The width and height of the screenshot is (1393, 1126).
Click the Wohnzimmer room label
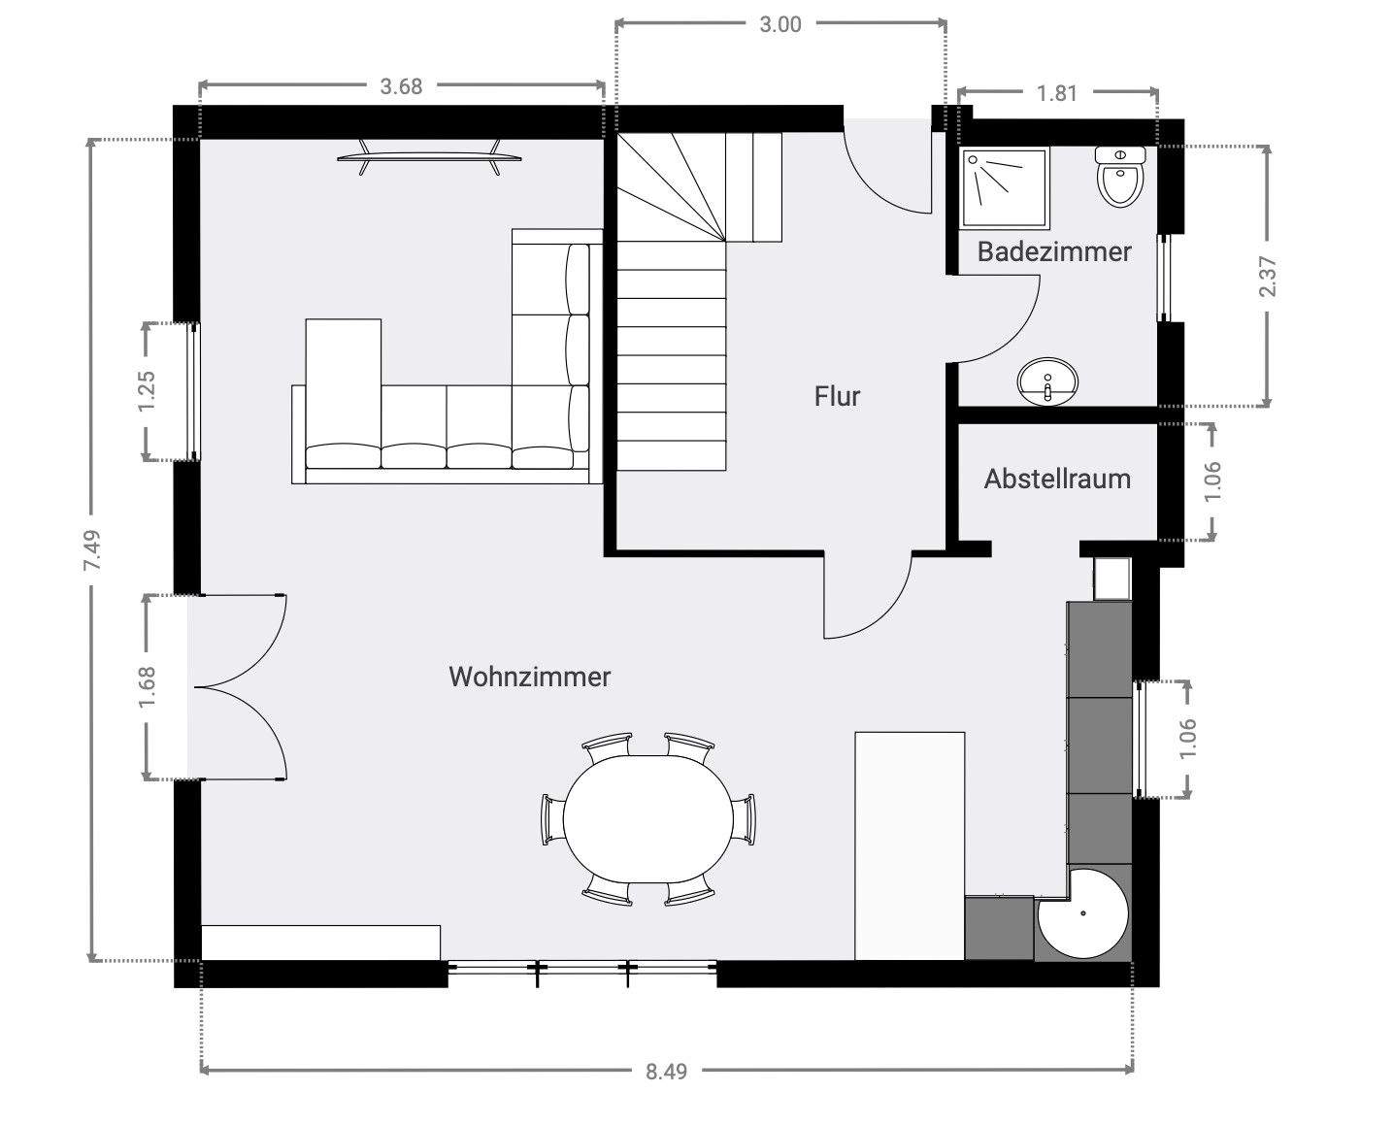coord(529,677)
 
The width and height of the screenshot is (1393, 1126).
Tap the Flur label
coord(837,396)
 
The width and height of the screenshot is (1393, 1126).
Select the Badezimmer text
coord(1054,251)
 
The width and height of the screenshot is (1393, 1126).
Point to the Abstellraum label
coord(1057,480)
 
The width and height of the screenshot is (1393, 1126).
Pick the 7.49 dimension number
coord(93,550)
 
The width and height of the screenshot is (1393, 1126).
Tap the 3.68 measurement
coord(401,86)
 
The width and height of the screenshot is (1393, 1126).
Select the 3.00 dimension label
coord(780,24)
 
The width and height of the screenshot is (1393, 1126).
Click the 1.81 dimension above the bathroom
coord(1057,93)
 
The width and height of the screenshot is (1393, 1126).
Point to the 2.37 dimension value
coord(1268,276)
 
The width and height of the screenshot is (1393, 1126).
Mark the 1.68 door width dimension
coord(148,686)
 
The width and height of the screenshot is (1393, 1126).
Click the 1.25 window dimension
coord(148,391)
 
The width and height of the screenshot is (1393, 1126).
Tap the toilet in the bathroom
coord(1121,177)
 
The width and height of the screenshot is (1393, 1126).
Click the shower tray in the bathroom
coord(1005,188)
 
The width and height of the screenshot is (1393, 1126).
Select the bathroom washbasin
coord(1047,381)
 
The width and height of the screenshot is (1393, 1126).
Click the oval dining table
coord(648,819)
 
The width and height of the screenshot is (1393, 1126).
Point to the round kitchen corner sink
coord(1083,912)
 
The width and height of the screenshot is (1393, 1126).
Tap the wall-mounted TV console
coord(429,157)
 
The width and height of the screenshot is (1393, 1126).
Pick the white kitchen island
coord(910,845)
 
